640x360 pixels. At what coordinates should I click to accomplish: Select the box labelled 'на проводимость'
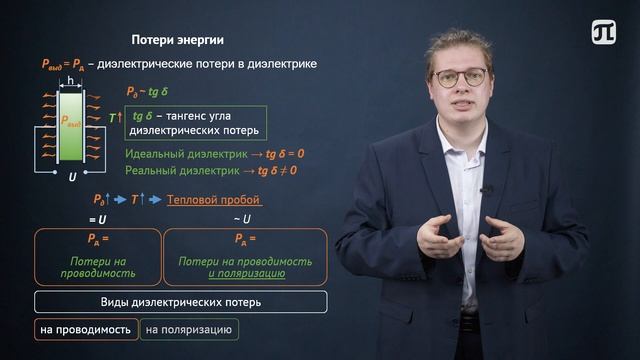[x=85, y=328]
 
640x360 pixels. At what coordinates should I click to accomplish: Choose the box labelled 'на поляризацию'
[x=189, y=328]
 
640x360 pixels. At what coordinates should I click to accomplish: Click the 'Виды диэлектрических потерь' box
[x=180, y=302]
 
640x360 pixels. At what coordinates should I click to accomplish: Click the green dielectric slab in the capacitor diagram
[x=72, y=124]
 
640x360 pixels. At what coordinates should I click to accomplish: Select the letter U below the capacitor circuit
[x=72, y=176]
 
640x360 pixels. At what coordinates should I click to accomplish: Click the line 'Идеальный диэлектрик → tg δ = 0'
[x=214, y=154]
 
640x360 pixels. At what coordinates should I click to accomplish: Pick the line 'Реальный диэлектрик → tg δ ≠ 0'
[x=214, y=170]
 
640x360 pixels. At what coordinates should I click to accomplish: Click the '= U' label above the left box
[x=97, y=219]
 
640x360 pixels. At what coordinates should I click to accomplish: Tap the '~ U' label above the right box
[x=242, y=219]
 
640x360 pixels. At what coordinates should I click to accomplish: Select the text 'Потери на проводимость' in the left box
[x=97, y=267]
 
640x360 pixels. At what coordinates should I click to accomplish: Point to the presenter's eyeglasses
[x=461, y=77]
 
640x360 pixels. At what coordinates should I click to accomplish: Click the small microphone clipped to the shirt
[x=486, y=189]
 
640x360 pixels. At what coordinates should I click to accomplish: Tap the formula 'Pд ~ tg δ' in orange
[x=151, y=93]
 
